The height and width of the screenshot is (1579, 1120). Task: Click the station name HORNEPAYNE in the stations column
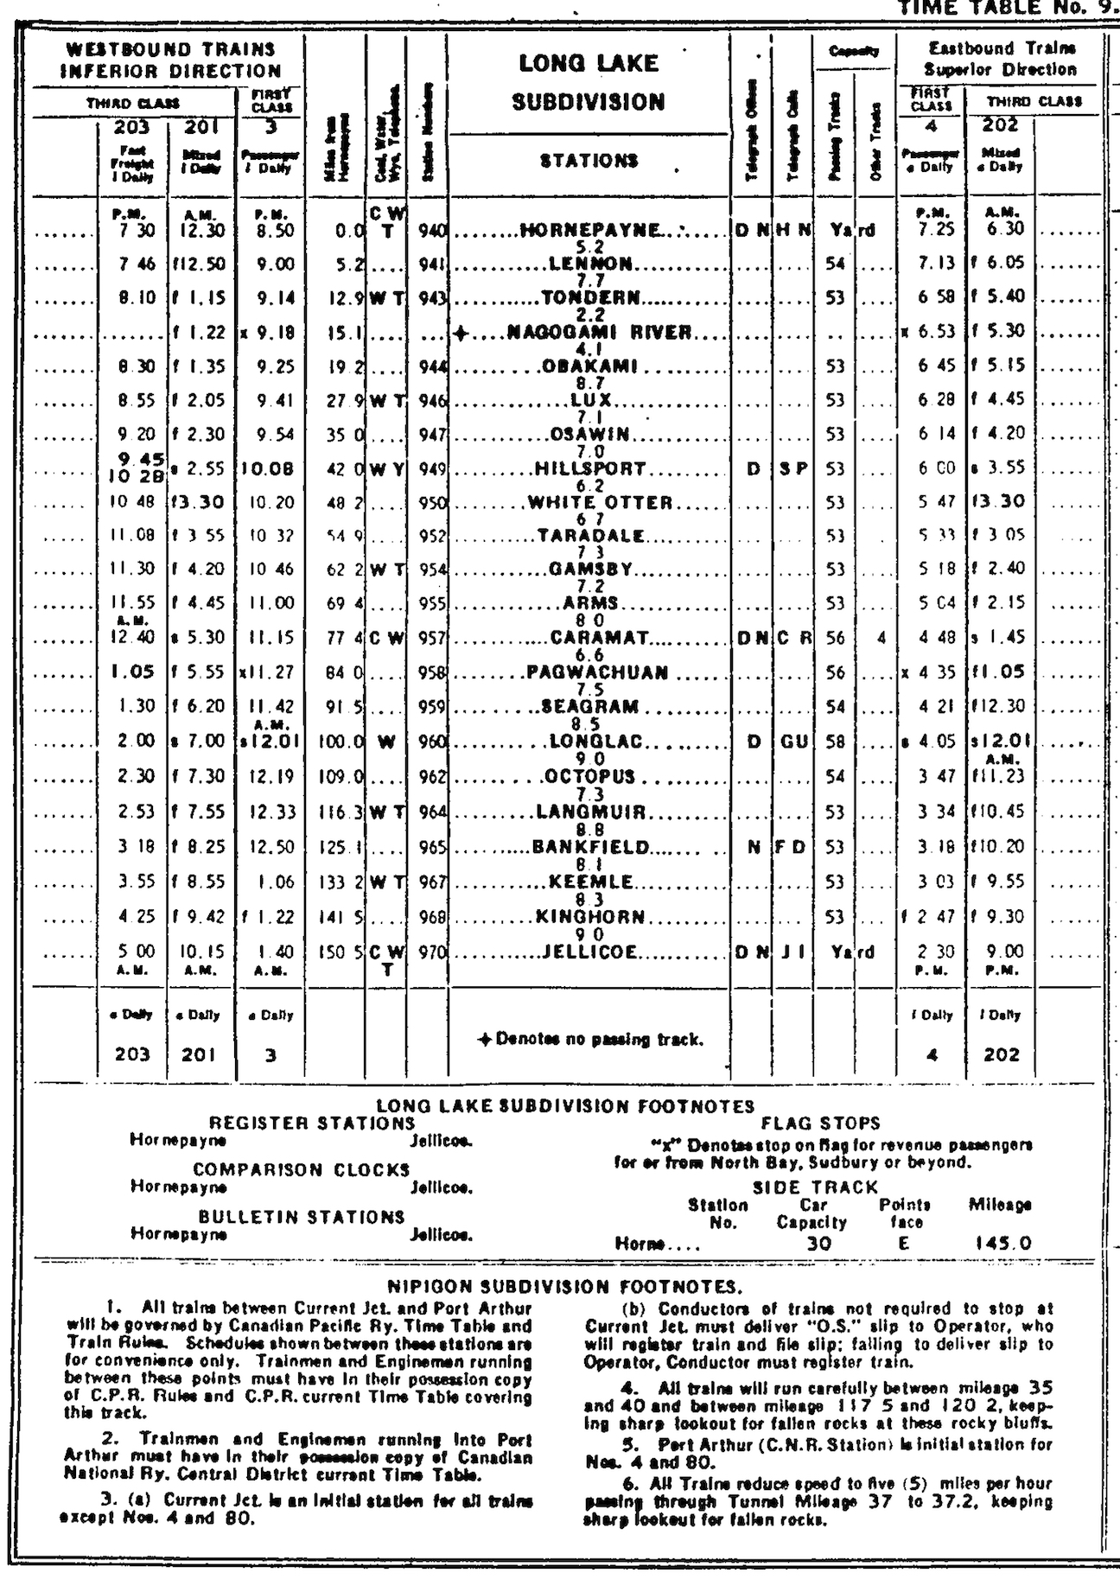pyautogui.click(x=590, y=231)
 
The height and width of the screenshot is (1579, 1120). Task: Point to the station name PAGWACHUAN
pyautogui.click(x=598, y=672)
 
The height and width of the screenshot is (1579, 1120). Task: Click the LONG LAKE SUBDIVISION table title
pyautogui.click(x=589, y=83)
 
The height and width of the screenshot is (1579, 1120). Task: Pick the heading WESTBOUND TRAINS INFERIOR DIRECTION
pyautogui.click(x=170, y=60)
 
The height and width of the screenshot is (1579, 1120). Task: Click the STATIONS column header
pyautogui.click(x=589, y=160)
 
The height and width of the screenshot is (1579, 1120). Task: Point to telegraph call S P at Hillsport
pyautogui.click(x=792, y=469)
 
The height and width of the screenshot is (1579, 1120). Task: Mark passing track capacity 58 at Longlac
pyautogui.click(x=835, y=742)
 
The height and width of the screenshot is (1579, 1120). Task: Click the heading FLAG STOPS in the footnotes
pyautogui.click(x=820, y=1124)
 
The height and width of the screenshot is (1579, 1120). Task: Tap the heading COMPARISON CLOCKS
pyautogui.click(x=302, y=1170)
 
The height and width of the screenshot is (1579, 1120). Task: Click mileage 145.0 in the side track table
pyautogui.click(x=1002, y=1244)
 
